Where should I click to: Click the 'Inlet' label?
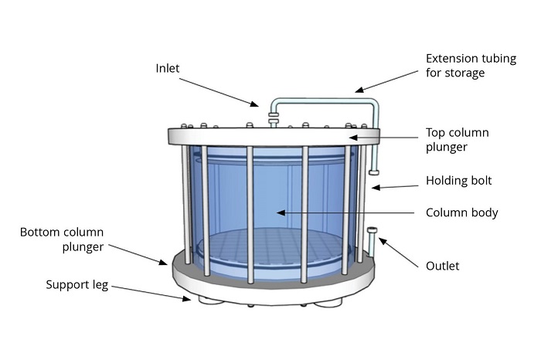pos(167,68)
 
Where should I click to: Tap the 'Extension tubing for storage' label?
pos(456,66)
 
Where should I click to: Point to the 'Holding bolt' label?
pos(459,182)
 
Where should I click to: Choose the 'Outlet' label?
pos(443,266)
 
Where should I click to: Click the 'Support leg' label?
pos(77,286)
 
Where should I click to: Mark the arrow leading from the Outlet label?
pos(399,249)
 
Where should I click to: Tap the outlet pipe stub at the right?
pos(372,239)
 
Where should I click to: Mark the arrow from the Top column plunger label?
pos(386,137)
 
